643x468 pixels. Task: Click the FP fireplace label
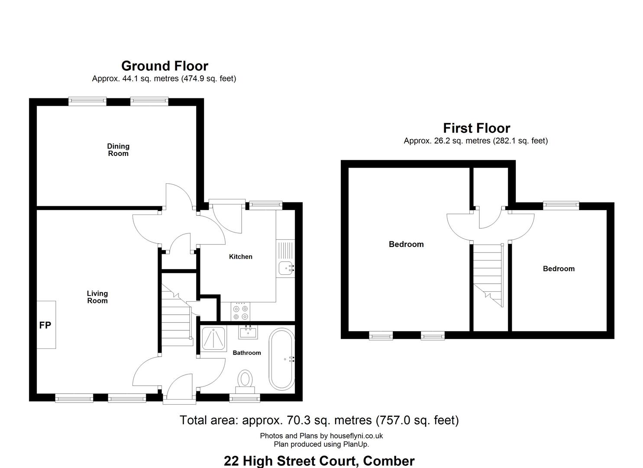(45, 325)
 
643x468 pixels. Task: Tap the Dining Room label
(118, 149)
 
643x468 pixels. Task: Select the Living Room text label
(97, 297)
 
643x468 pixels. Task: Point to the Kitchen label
(241, 257)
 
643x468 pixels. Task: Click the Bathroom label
(246, 352)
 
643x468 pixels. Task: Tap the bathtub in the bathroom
(281, 359)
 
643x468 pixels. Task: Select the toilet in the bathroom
(245, 381)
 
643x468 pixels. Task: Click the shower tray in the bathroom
(213, 339)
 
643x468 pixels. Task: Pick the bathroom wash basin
(248, 332)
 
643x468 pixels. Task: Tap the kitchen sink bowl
(285, 268)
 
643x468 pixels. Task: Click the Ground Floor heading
(165, 66)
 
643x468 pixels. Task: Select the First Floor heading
(476, 128)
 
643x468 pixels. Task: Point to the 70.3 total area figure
(298, 420)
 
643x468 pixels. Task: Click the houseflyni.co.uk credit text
(356, 436)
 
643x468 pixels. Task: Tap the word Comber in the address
(389, 461)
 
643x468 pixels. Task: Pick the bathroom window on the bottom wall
(245, 398)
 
